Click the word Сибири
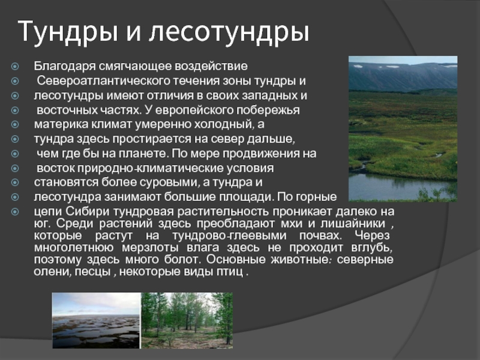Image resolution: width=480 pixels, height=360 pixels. (87, 212)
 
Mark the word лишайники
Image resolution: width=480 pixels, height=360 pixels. (353, 223)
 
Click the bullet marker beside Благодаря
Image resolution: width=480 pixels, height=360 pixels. (14, 67)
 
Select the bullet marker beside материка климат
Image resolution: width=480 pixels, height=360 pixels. (14, 125)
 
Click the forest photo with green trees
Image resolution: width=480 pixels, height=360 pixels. (187, 320)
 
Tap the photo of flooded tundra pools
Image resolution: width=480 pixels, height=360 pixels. (96, 320)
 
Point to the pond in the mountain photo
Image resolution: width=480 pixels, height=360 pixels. (398, 185)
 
